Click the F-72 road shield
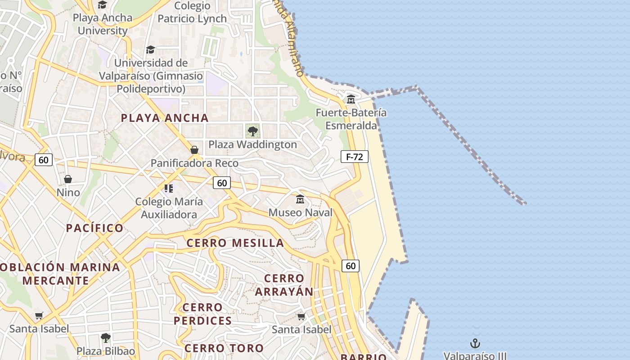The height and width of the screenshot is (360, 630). [x=355, y=157]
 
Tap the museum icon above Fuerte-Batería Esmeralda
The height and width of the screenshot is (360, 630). [x=351, y=99]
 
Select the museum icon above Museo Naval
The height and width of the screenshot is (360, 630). [x=300, y=199]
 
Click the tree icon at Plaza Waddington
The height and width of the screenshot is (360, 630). [x=253, y=131]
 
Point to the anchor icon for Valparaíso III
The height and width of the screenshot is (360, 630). [x=475, y=344]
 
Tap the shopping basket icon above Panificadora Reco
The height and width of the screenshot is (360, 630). [x=194, y=149]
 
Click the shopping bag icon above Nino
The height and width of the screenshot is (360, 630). [x=68, y=179]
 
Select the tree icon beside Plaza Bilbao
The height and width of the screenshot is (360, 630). [x=105, y=337]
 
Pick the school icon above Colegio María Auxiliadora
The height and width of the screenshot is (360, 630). [x=169, y=188]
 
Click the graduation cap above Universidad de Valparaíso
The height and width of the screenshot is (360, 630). [x=150, y=49]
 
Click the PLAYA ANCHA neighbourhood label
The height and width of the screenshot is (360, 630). [x=165, y=118]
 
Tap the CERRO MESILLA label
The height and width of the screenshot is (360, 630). [x=235, y=243]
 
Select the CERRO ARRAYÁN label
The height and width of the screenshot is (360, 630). [x=284, y=285]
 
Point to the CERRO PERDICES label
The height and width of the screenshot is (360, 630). [x=202, y=314]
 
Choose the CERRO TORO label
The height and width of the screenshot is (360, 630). [x=224, y=348]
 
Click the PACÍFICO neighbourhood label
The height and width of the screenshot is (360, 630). [x=95, y=228]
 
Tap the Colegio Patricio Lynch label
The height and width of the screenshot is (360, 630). [x=192, y=12]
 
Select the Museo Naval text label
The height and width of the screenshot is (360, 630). [x=301, y=212]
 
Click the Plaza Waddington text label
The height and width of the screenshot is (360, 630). [x=252, y=144]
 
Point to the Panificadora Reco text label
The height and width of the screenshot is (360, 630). [x=194, y=163]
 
